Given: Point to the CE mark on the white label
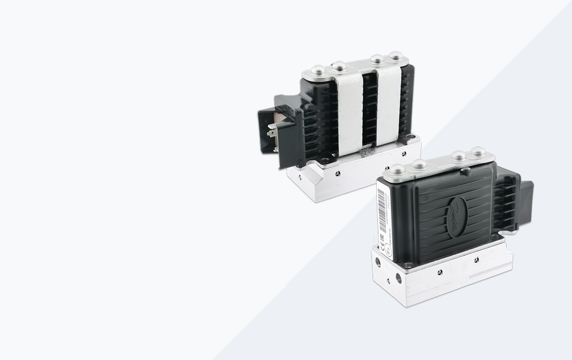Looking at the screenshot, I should (384, 238).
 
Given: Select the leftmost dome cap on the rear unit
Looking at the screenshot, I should (318, 71).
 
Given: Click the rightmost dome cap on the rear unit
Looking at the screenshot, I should (396, 57).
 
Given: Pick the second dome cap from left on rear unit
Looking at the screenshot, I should (339, 66).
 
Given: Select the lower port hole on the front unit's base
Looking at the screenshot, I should (399, 277).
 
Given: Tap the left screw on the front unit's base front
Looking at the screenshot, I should (439, 272).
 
